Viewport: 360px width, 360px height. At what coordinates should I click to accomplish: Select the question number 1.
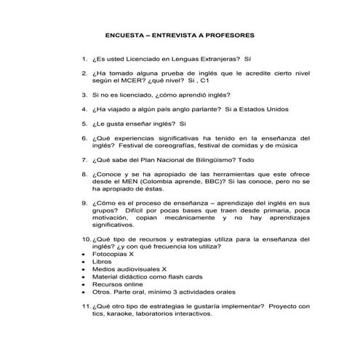click(84, 57)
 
